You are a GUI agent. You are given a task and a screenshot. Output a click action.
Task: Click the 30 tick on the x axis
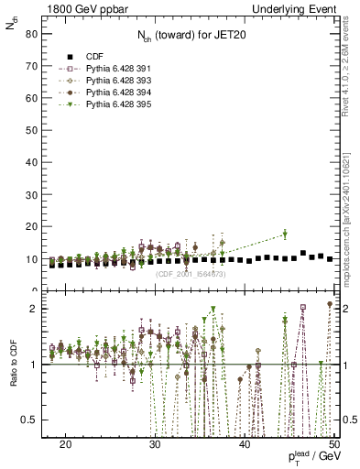[x=155, y=443]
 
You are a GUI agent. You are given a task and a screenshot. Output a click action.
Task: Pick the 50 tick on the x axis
[x=334, y=443]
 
